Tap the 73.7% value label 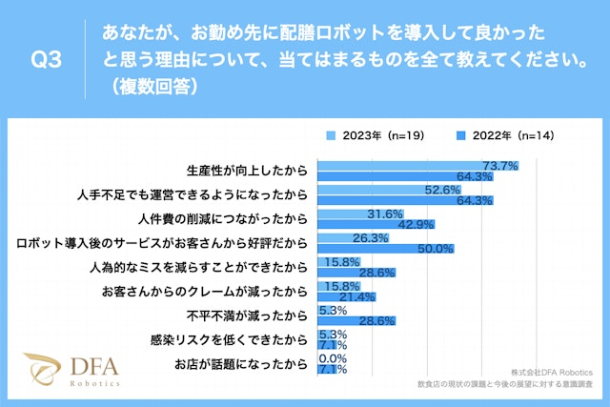pyautogui.click(x=500, y=165)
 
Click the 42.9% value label pyautogui.click(x=413, y=224)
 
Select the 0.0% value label pyautogui.click(x=334, y=357)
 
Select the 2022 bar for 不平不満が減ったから pyautogui.click(x=342, y=321)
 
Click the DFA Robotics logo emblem pyautogui.click(x=42, y=370)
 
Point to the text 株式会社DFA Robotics pyautogui.click(x=551, y=371)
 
